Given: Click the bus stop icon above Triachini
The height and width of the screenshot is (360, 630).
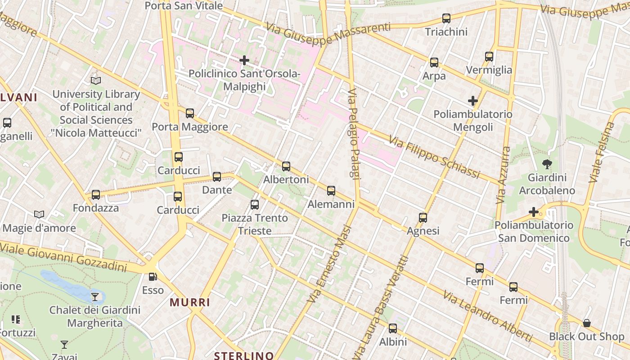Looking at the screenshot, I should [x=446, y=18].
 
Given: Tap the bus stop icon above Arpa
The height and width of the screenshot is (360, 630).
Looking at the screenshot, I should [x=434, y=63].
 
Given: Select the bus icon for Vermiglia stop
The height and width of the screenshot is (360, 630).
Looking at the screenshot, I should [x=489, y=57].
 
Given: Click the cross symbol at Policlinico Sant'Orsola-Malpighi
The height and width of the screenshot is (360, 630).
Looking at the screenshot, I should [x=244, y=60].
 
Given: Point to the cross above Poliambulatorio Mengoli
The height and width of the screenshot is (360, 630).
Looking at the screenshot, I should [x=472, y=101].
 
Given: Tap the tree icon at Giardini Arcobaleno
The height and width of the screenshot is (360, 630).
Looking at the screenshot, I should [x=547, y=164].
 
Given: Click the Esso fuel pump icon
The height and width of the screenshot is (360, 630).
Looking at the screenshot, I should [x=153, y=277].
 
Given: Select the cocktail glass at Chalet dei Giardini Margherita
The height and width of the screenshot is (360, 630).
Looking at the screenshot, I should [x=95, y=297].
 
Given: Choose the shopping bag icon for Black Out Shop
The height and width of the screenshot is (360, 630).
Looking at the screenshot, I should [x=586, y=323].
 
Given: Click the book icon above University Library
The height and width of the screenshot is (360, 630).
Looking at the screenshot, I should [x=95, y=81].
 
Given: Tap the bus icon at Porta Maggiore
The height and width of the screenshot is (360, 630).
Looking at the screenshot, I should [x=190, y=113].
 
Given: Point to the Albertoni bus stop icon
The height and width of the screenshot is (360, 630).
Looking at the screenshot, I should [x=286, y=166].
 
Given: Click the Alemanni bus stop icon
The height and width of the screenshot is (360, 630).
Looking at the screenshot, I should [x=331, y=191].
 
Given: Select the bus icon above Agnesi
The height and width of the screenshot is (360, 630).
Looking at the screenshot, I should [x=423, y=218].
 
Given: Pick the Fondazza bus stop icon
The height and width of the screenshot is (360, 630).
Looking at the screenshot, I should [x=95, y=195].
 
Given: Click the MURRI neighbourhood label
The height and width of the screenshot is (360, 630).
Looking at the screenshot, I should [x=190, y=302].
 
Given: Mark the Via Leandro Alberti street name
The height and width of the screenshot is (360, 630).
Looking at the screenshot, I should [x=487, y=316].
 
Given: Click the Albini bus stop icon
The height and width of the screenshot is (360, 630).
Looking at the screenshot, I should [x=393, y=328].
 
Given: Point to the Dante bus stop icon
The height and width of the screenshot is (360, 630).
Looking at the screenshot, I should [x=217, y=177].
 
